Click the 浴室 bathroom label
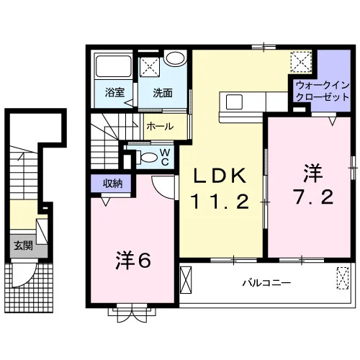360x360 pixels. click(114, 93)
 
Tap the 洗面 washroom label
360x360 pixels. click(163, 93)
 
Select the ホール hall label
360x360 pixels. click(160, 127)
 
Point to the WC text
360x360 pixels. click(165, 157)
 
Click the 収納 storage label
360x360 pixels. click(112, 184)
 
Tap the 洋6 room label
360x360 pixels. click(133, 261)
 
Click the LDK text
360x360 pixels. click(220, 176)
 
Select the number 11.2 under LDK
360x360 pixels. click(220, 202)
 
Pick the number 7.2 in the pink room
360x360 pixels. click(313, 197)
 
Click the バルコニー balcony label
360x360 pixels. click(266, 283)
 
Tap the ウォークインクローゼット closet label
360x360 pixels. click(323, 91)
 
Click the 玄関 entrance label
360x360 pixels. click(23, 246)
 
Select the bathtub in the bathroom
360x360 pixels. click(114, 66)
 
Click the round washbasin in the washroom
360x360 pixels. click(176, 58)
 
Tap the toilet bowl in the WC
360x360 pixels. click(149, 158)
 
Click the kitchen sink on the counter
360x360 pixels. click(234, 102)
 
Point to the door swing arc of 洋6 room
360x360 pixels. click(161, 192)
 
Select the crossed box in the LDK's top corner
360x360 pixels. click(301, 62)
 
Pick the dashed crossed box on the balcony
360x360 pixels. click(343, 278)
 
